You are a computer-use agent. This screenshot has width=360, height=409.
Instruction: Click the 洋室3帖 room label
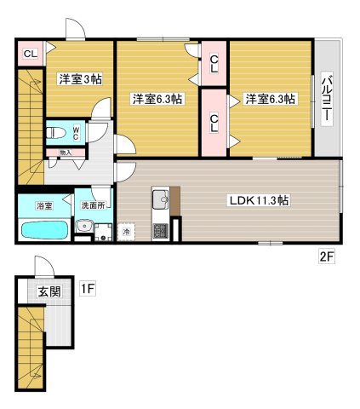81,79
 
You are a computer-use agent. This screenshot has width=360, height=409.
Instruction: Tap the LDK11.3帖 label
259,200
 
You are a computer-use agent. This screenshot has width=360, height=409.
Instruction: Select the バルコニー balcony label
327,100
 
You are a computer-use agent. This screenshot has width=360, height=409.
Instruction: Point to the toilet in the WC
56,133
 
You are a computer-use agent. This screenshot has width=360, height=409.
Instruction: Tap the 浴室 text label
44,205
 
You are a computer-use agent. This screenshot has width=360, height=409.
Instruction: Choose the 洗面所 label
94,205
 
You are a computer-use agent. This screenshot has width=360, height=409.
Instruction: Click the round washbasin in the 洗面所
83,227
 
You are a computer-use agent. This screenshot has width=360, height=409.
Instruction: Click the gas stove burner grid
161,230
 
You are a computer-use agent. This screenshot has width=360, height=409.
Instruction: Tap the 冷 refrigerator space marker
126,232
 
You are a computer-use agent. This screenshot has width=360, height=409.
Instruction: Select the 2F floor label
327,257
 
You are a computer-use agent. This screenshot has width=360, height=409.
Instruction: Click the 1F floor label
88,289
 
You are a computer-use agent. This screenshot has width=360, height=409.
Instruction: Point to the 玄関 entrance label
49,291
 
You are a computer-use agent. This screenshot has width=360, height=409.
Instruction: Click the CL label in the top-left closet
31,54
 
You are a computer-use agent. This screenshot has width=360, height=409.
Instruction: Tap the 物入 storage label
66,153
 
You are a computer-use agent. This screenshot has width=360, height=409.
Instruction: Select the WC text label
76,133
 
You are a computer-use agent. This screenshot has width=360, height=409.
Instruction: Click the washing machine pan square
103,232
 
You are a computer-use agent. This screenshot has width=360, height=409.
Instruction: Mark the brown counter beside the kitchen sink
175,200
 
